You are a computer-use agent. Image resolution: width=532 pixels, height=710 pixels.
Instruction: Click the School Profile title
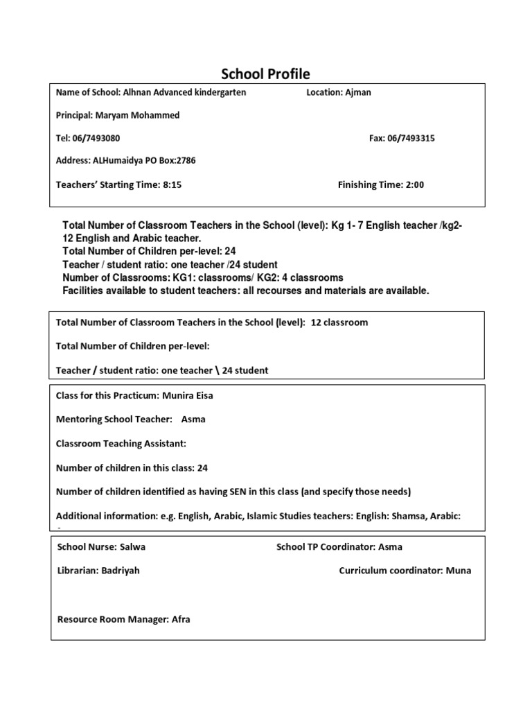coord(265,73)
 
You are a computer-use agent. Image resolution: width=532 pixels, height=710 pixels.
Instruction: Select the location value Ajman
coord(357,93)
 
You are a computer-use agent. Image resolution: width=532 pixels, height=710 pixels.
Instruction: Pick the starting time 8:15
coord(170,184)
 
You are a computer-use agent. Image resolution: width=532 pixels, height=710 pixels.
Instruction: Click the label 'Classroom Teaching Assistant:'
coord(121,444)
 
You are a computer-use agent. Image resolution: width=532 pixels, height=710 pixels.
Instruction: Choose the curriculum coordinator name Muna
coord(459,571)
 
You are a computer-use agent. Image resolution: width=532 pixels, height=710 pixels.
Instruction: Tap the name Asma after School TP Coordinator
coord(390,547)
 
